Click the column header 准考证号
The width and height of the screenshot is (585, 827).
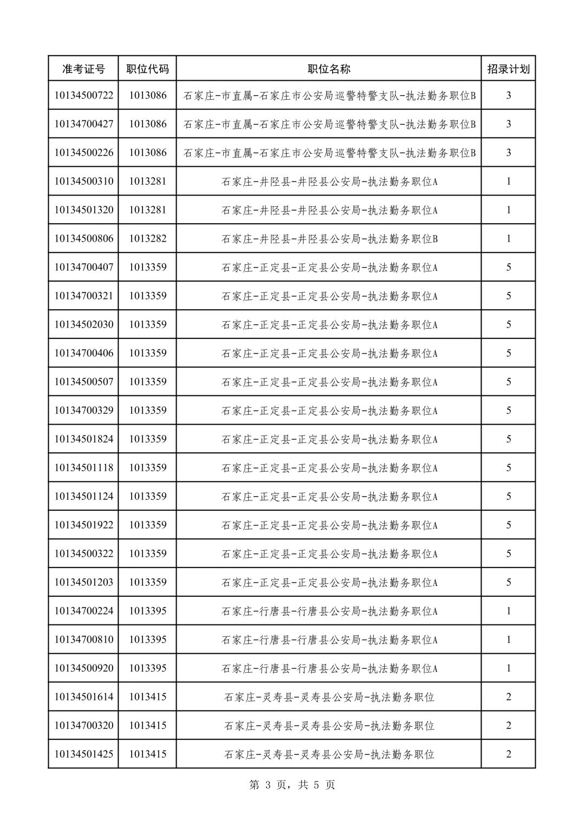83,69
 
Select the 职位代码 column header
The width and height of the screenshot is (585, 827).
147,69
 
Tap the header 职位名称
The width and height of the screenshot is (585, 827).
329,69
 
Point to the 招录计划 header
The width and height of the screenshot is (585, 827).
508,69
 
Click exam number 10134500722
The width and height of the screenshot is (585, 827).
84,95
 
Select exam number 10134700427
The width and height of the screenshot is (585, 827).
84,124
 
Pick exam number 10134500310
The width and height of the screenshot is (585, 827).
84,181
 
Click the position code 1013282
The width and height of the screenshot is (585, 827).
147,238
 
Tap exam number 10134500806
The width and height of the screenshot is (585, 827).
84,238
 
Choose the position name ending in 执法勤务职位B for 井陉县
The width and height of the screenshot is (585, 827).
329,239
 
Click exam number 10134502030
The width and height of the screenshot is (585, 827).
84,324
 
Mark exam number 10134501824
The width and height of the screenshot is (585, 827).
84,439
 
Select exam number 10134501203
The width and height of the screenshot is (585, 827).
84,582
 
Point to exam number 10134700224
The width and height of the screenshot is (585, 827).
84,611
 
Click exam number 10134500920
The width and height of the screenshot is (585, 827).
84,668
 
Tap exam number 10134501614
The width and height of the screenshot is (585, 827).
84,696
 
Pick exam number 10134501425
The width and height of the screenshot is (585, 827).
84,754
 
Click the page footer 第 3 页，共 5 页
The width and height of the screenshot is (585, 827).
292,785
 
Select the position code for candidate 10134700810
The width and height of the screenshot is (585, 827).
147,640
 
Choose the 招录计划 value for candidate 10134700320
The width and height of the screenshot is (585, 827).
508,725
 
